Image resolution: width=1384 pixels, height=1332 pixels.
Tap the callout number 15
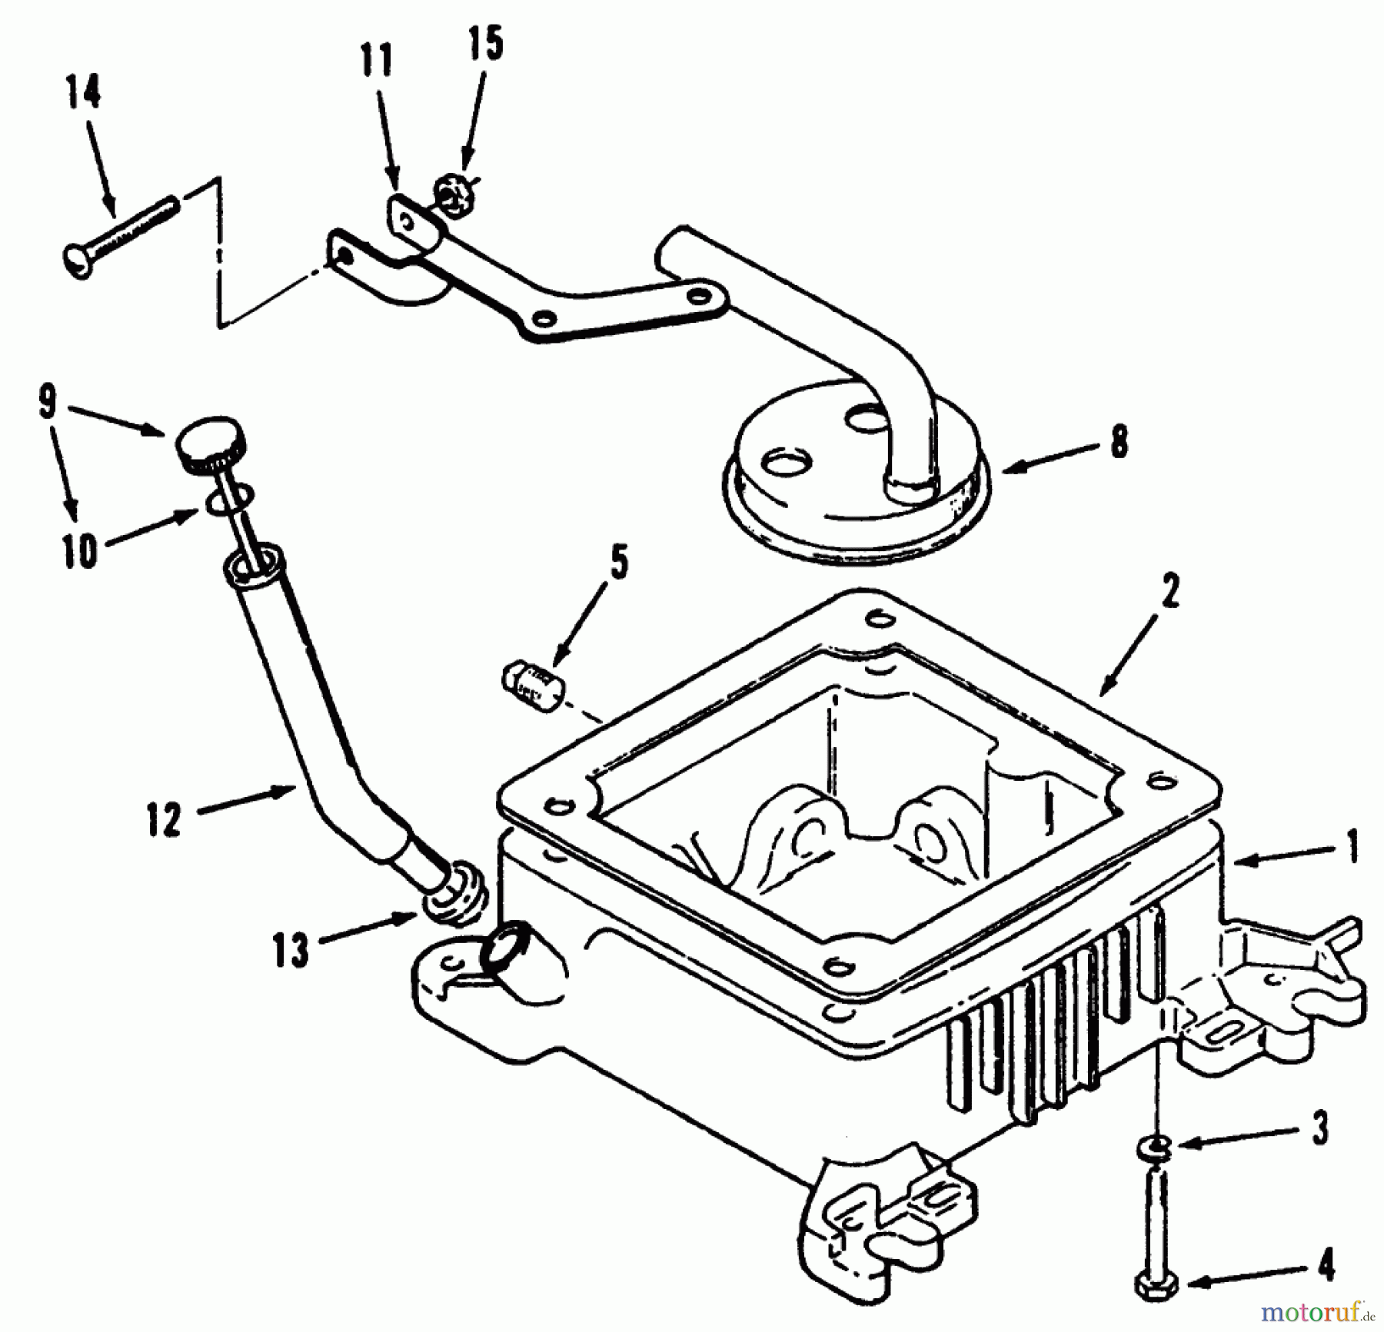pyautogui.click(x=484, y=44)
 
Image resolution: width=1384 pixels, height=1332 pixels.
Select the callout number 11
pyautogui.click(x=376, y=61)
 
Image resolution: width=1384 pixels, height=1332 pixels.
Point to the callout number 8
pyautogui.click(x=1120, y=443)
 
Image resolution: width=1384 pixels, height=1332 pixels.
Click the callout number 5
pyautogui.click(x=619, y=562)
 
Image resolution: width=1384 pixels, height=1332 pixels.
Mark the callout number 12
pyautogui.click(x=164, y=819)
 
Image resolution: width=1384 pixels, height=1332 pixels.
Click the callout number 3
pyautogui.click(x=1319, y=1128)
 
